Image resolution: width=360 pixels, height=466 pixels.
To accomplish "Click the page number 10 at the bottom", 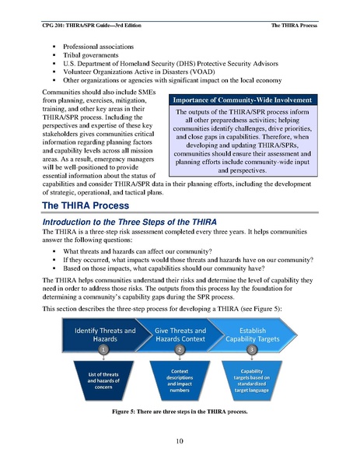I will tap(180, 442).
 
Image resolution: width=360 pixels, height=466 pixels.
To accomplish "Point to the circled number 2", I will tap(180, 350).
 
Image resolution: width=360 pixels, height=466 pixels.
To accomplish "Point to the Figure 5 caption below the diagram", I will tap(180, 410).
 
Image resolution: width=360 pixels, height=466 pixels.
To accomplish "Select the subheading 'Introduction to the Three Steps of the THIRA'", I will tap(130, 224).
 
